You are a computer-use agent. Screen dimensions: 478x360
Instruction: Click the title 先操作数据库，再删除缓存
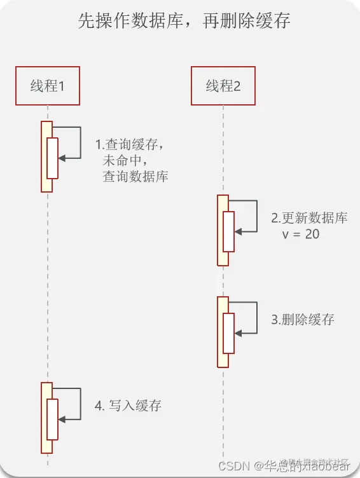tap(184, 22)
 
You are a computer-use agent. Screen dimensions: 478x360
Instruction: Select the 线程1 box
tap(48, 86)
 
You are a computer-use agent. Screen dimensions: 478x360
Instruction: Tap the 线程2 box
tap(223, 86)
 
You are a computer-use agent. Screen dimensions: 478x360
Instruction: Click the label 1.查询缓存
tap(134, 144)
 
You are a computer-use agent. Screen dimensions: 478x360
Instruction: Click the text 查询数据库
tap(135, 177)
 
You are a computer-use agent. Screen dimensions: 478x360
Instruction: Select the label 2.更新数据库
tap(309, 218)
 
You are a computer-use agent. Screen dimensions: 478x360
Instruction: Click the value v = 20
tap(301, 234)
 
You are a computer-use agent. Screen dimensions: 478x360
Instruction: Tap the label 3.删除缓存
tap(303, 320)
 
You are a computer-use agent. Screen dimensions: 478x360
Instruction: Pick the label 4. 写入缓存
tap(128, 405)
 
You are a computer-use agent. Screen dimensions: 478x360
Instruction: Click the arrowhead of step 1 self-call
tap(62, 158)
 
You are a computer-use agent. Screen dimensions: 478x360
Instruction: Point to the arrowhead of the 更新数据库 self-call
tap(238, 232)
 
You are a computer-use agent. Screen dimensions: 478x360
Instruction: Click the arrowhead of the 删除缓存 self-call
tap(238, 333)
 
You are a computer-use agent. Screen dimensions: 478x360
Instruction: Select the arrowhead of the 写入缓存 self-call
tap(62, 419)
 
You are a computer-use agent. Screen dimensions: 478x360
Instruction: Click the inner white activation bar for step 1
tap(52, 158)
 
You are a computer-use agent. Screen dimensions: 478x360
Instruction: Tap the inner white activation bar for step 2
tap(228, 231)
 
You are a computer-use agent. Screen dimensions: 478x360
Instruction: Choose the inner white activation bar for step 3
tap(228, 333)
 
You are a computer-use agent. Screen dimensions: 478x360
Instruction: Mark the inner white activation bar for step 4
tap(52, 419)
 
